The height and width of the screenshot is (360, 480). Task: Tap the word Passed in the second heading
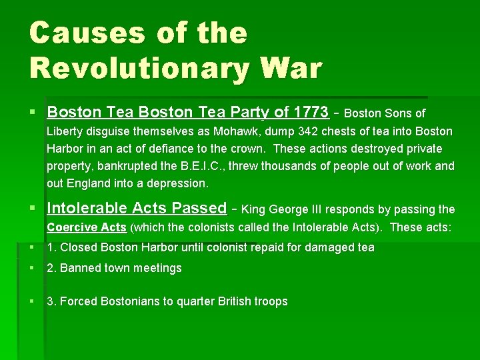coord(199,208)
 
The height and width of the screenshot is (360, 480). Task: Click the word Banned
coord(79,268)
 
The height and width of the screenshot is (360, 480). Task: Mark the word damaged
coord(323,248)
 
